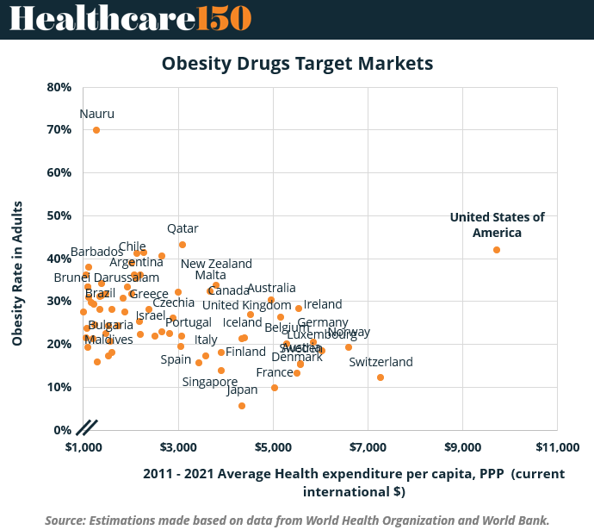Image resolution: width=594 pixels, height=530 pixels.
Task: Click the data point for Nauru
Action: [x=96, y=130]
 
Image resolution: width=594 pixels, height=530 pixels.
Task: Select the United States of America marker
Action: [x=497, y=250]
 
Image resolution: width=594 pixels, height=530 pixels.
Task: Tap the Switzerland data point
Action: [x=381, y=377]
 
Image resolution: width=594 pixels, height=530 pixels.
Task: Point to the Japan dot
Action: [x=242, y=406]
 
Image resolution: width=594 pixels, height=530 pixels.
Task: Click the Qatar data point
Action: [x=183, y=245]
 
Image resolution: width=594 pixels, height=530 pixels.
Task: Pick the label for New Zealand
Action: [x=216, y=264]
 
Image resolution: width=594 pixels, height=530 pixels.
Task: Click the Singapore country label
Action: [x=210, y=382]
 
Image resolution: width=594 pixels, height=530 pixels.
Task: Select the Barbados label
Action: [x=96, y=252]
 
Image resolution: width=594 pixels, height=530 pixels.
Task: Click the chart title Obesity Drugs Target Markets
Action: [x=297, y=64]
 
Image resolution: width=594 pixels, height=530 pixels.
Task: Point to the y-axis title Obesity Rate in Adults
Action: [x=16, y=273]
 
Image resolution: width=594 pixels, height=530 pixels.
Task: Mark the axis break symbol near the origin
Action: [x=87, y=426]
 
